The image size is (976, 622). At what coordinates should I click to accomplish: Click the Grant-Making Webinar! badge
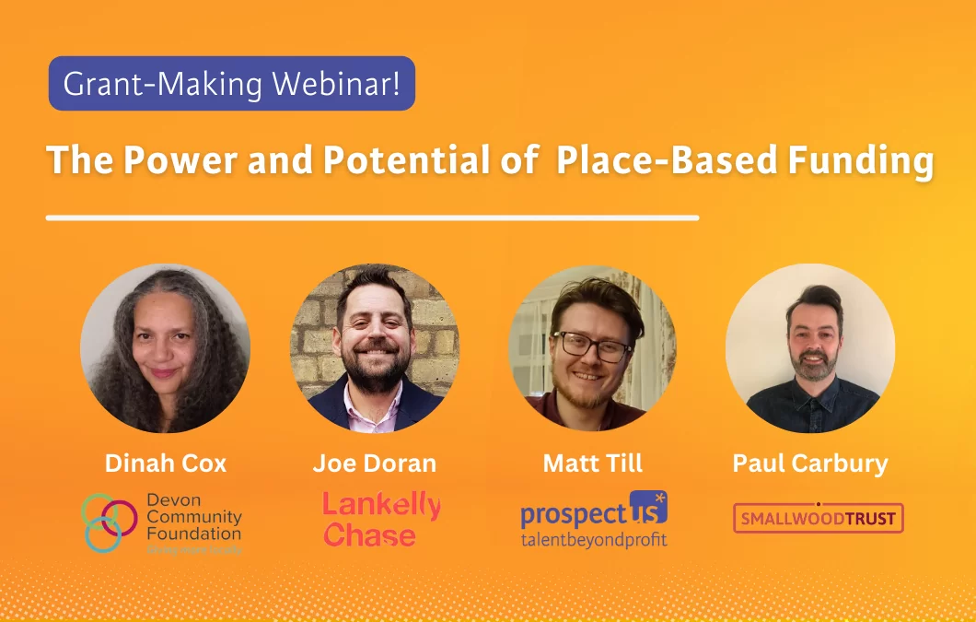(231, 84)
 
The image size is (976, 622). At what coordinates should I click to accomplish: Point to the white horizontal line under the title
(372, 218)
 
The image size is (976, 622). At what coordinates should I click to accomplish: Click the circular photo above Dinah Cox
(165, 349)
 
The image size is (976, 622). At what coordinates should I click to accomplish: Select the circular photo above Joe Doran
(375, 349)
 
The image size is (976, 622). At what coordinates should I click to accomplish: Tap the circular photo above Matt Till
(592, 349)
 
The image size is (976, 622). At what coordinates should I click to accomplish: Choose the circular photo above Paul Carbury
(810, 349)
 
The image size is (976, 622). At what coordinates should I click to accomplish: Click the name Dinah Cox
(165, 463)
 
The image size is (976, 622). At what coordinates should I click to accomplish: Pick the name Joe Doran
(374, 463)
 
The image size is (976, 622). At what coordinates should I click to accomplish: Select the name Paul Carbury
(810, 463)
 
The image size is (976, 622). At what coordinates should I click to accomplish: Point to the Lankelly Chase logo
(381, 519)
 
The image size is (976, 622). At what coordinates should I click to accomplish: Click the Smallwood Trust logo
(818, 518)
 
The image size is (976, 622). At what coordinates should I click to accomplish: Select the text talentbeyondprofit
(593, 540)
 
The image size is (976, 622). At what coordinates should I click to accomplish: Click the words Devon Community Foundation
(193, 517)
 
